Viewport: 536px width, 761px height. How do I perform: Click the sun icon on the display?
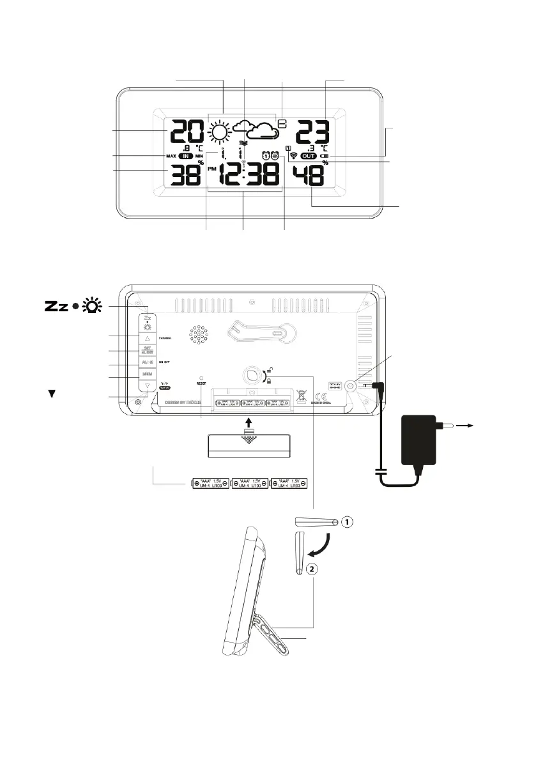(x=218, y=133)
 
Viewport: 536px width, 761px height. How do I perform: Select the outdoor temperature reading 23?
(x=312, y=133)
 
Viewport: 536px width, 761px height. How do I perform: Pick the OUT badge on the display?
(x=309, y=155)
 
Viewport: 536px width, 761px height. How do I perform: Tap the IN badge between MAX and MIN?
(x=186, y=156)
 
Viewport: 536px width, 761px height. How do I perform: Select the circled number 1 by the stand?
(x=346, y=522)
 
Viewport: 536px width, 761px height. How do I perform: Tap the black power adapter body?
(x=422, y=439)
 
